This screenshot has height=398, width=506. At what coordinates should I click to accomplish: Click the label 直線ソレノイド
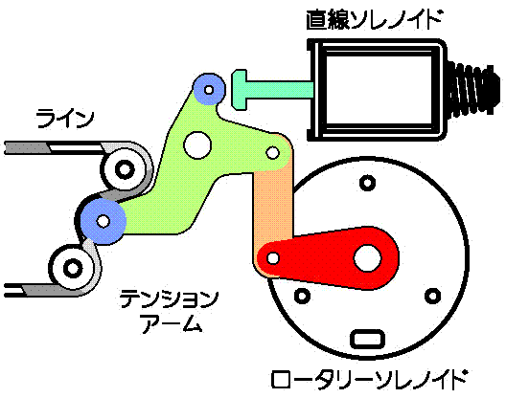coord(374,19)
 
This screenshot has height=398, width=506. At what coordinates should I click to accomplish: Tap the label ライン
coord(65,119)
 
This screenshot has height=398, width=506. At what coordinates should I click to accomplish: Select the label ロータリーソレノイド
coord(369,379)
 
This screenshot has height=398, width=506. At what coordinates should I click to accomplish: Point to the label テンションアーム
coord(170,311)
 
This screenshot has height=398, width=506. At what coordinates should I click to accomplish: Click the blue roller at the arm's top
coord(209,89)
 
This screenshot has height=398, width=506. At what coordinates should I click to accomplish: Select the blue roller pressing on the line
coord(103,221)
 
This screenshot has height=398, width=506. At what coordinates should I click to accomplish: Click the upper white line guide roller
coord(125,169)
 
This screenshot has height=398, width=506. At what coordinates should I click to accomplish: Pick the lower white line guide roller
coord(73,269)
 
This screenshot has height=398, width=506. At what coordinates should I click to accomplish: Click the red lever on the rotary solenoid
coord(328,258)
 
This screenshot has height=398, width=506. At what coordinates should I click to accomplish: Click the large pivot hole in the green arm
coord(197,145)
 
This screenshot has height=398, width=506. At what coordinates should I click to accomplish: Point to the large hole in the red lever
coord(368,258)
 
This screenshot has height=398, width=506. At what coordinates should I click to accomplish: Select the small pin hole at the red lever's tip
coord(273,258)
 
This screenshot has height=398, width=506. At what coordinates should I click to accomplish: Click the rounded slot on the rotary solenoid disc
coord(368,339)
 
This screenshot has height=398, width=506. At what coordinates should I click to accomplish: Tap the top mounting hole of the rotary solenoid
coord(367,184)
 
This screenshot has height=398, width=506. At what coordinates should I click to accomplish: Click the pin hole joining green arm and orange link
coord(273,152)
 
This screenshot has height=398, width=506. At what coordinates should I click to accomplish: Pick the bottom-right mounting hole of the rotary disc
coord(433,296)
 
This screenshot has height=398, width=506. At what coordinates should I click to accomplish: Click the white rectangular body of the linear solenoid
coord(377,90)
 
